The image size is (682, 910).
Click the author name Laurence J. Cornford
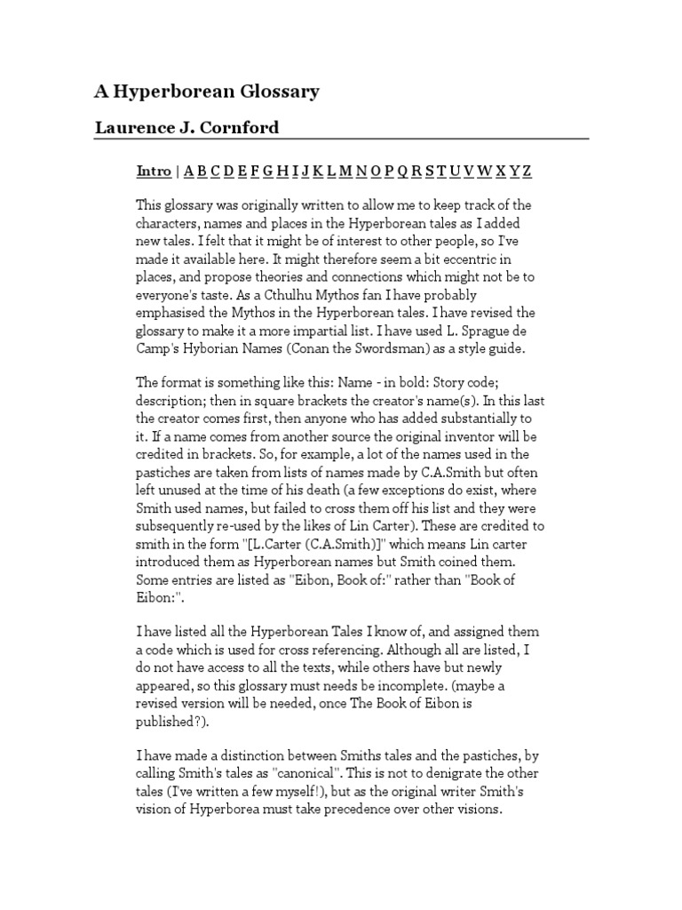(186, 127)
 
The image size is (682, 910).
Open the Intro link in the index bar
(154, 171)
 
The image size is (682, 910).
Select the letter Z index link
(527, 171)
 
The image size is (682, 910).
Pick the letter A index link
(189, 171)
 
